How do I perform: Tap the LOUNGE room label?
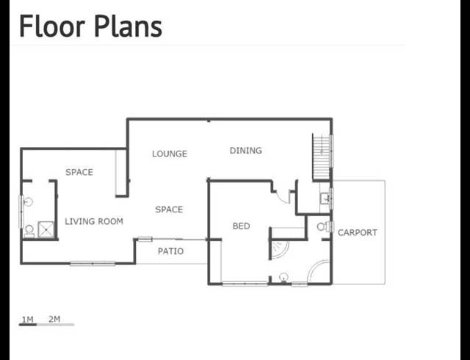click(x=170, y=154)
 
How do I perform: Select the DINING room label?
click(x=245, y=151)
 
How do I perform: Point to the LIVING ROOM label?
click(x=94, y=221)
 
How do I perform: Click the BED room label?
click(x=241, y=226)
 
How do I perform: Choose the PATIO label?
click(x=171, y=251)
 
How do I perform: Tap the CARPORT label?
click(x=357, y=233)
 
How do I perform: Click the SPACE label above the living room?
click(x=79, y=172)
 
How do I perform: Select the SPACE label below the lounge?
click(x=169, y=209)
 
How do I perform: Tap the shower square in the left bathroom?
click(x=46, y=229)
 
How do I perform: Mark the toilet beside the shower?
click(x=29, y=230)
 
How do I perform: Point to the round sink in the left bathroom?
click(x=29, y=200)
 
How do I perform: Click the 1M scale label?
click(x=27, y=319)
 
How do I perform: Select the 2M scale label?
click(x=54, y=319)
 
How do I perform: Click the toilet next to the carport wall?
click(x=322, y=227)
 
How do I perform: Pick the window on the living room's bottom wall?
click(x=93, y=263)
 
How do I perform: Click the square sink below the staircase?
click(x=325, y=197)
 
